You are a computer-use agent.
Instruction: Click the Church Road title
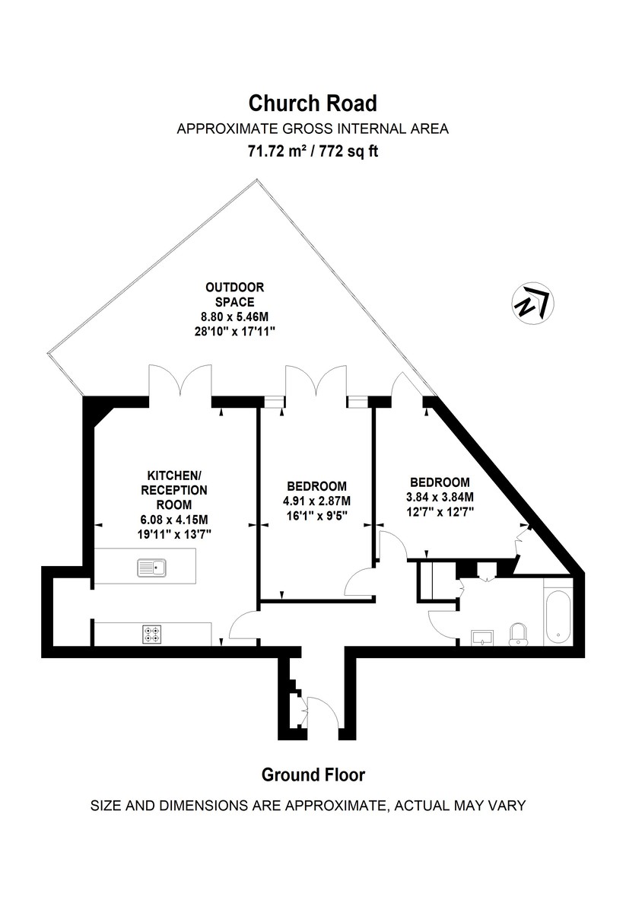tap(313, 103)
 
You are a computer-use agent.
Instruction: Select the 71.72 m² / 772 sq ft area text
tap(313, 151)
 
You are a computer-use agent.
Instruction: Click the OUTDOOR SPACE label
tap(234, 294)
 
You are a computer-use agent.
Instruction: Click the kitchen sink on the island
tap(152, 567)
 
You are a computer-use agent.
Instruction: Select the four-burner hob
tap(152, 632)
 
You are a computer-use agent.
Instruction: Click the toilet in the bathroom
tap(519, 633)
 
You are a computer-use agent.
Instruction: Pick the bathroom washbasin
tap(482, 636)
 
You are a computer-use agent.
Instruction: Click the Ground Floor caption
tap(313, 775)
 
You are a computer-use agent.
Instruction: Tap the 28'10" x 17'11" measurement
tap(234, 331)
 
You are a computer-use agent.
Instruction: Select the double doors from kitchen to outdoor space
tap(180, 380)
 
